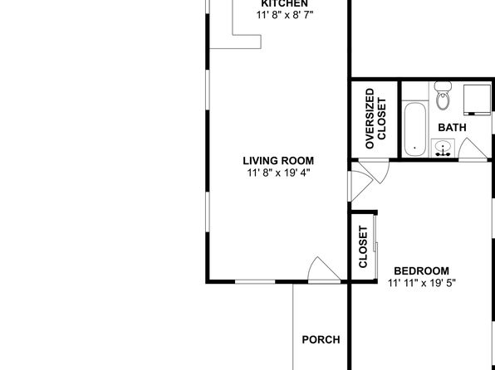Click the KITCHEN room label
[x=284, y=3]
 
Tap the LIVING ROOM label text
[x=278, y=161]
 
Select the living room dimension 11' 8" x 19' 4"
[x=278, y=173]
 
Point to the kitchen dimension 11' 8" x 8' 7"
[x=285, y=15]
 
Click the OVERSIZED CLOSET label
[x=375, y=119]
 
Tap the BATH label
[x=452, y=128]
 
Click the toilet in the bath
[x=443, y=95]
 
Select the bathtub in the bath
[x=414, y=129]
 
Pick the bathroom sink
[x=443, y=148]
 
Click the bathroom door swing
[x=473, y=149]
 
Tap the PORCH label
[x=321, y=339]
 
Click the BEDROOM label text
[x=421, y=271]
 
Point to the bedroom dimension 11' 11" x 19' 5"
[x=421, y=283]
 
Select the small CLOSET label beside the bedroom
[x=363, y=246]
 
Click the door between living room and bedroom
[x=361, y=186]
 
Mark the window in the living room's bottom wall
[x=255, y=281]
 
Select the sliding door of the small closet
[x=375, y=246]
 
